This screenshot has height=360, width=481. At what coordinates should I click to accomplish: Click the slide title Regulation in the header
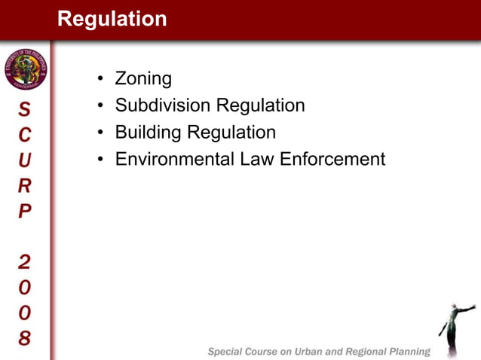click(112, 19)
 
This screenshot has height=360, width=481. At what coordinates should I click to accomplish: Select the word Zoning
click(143, 78)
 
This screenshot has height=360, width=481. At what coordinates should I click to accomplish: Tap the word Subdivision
click(162, 105)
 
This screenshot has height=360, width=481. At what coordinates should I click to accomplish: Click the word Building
click(148, 133)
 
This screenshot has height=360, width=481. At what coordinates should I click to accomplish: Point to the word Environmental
click(170, 160)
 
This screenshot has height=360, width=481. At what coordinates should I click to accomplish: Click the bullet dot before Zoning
click(100, 79)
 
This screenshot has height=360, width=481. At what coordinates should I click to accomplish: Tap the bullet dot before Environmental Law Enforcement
click(100, 160)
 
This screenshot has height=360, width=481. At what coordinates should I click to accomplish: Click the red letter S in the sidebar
click(25, 110)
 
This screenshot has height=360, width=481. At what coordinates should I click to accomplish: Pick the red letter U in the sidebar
click(25, 160)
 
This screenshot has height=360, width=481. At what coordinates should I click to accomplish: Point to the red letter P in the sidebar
click(25, 210)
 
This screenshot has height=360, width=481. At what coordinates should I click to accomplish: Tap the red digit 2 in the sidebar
click(25, 261)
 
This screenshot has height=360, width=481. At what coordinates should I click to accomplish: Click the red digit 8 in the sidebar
click(25, 337)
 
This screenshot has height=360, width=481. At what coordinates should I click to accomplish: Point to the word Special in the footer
click(228, 352)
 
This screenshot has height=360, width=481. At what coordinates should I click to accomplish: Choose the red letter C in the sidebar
click(25, 135)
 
